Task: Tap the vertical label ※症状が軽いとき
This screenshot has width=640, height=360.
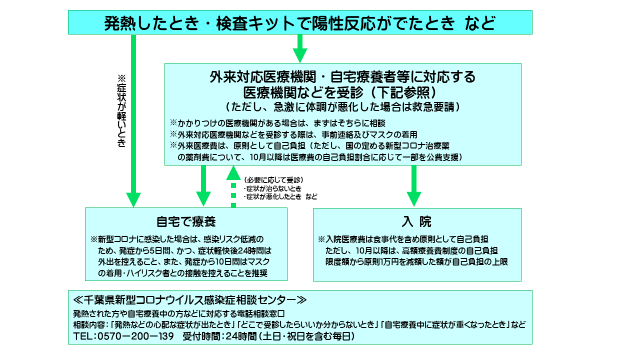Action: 121,111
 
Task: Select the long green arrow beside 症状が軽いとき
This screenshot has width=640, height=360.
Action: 133,121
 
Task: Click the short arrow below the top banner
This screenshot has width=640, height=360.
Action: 299,48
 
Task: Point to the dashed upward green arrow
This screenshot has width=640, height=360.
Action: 233,186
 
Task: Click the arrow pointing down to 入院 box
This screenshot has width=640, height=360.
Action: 413,186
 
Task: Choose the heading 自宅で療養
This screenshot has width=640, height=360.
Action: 186,221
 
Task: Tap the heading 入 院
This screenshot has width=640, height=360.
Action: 416,221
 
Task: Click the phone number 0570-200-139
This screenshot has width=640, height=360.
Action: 135,336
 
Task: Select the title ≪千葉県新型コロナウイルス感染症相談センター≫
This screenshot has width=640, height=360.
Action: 190,300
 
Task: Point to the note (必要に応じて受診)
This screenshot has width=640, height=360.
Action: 273,180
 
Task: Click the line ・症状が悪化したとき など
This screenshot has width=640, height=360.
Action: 280,196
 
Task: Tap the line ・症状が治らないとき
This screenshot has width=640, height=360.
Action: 273,188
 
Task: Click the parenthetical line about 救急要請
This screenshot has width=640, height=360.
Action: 342,107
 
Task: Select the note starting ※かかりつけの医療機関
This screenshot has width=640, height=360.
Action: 277,123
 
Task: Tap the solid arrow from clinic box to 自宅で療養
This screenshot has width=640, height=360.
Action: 203,186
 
